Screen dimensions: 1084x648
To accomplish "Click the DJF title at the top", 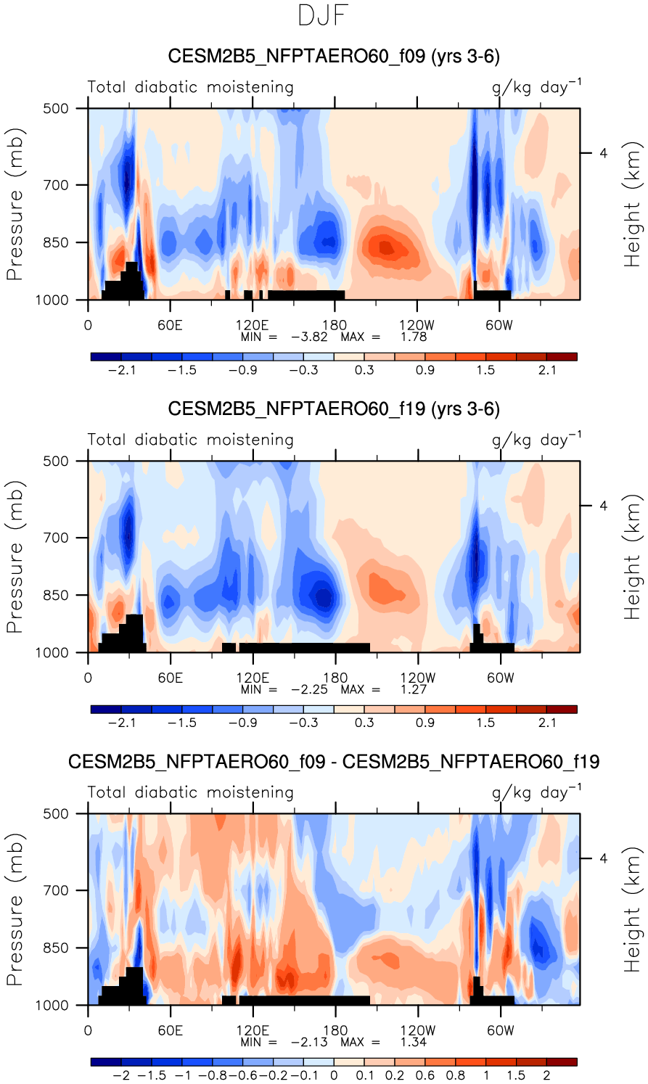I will (x=324, y=16).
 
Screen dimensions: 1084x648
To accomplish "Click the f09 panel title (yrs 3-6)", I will (x=334, y=57).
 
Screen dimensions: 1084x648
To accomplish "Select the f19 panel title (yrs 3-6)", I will (x=334, y=409).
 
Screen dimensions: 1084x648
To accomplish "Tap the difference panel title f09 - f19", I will (x=334, y=762).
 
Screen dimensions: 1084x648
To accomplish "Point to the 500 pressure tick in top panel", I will (x=55, y=109).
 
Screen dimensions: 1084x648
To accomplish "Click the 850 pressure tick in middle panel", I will (x=55, y=596).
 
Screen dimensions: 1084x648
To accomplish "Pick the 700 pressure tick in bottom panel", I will (x=55, y=890).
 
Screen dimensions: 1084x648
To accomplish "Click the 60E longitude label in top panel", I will (x=170, y=325).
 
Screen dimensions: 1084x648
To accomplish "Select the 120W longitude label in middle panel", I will (x=417, y=678).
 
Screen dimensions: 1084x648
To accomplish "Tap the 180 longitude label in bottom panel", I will (x=335, y=1030).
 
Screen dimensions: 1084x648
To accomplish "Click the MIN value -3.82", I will (x=309, y=337).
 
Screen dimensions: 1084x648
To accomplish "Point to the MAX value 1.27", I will (x=414, y=689).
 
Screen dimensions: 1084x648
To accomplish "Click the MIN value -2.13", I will (x=309, y=1042).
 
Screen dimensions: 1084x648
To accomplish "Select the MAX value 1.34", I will (x=414, y=1042).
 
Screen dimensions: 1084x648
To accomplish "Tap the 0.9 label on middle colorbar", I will (x=425, y=723).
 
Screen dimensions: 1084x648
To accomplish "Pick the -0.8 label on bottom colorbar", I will (x=216, y=1075).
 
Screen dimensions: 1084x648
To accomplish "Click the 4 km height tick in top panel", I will (x=604, y=153).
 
